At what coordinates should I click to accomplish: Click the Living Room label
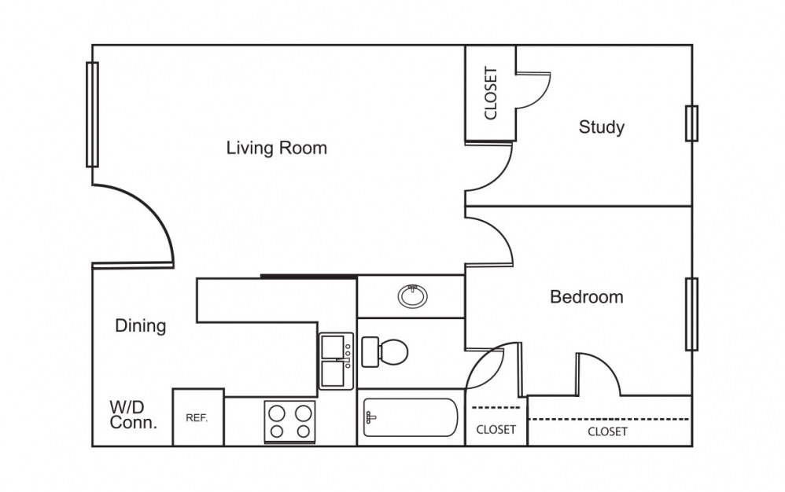point(276,148)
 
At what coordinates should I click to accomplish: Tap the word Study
point(601,127)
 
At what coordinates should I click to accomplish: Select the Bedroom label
point(587,297)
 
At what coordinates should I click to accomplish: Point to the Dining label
point(141,326)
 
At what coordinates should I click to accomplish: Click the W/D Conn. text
point(133,414)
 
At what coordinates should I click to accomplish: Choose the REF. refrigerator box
point(198,417)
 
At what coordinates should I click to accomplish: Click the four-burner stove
point(290,421)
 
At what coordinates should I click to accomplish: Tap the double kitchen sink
point(337,361)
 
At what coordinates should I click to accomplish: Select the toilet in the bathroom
point(385,352)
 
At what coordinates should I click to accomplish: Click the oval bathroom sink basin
point(412,296)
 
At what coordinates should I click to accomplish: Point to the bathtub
point(411,417)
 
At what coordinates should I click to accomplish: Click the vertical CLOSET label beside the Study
point(491,93)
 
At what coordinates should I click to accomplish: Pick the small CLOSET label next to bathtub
point(496,429)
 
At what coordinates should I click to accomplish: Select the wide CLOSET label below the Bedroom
point(607,431)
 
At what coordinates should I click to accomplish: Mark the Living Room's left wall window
point(92,115)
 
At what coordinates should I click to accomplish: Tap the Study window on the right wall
point(692,123)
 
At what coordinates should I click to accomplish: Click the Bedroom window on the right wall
point(692,314)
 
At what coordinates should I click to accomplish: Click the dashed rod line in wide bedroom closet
point(609,419)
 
